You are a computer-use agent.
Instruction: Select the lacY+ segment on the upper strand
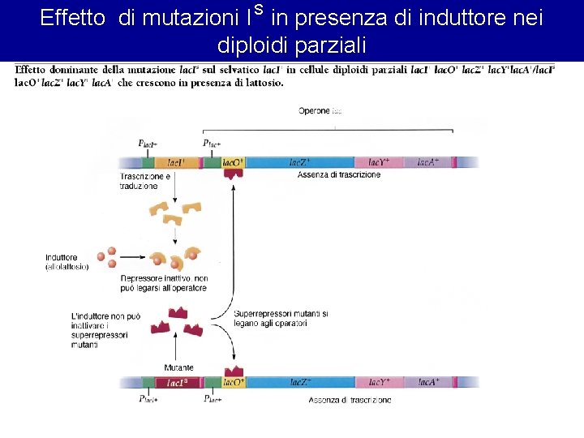[384, 162]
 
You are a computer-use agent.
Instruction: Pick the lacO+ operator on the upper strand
[233, 162]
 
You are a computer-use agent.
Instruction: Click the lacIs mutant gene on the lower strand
[178, 382]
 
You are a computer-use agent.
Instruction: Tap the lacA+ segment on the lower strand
[428, 382]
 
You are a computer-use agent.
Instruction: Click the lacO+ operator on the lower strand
[234, 382]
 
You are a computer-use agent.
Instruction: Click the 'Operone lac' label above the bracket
[320, 111]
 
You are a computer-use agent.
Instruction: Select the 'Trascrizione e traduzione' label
[144, 181]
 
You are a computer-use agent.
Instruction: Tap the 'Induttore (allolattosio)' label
[67, 262]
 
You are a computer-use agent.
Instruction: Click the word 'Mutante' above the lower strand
[178, 367]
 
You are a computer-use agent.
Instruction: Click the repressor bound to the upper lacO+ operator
[234, 173]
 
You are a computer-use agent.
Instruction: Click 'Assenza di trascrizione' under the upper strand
[339, 175]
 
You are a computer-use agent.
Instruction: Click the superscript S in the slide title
[259, 10]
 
